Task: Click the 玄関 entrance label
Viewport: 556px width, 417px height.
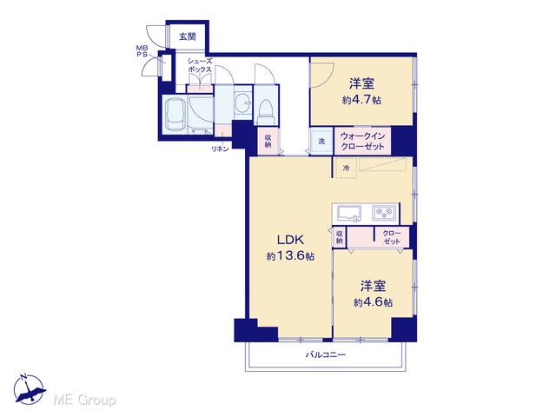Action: (188, 36)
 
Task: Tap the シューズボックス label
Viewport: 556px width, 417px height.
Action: (200, 66)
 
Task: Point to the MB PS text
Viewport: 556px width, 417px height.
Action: (142, 51)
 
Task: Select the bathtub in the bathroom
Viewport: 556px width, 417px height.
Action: (174, 115)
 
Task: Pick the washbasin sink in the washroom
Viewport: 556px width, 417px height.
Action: (243, 103)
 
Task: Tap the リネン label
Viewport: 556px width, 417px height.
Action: (220, 149)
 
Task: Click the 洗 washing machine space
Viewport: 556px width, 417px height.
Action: (321, 141)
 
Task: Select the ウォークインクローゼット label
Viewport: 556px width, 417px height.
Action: (362, 141)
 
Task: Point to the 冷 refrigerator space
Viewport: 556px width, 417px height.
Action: (346, 168)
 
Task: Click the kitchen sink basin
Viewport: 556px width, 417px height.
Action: (349, 214)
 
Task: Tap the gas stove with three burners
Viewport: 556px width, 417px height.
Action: (384, 214)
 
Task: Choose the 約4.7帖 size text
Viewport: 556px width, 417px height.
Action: (361, 100)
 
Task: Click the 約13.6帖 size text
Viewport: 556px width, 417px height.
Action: (290, 255)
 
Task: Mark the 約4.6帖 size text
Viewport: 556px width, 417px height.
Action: (373, 302)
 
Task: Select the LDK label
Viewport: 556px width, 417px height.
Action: (290, 240)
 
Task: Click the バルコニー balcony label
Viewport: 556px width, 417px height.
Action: (326, 354)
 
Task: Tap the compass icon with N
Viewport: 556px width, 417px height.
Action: (29, 389)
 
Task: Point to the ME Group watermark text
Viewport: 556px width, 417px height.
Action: (84, 400)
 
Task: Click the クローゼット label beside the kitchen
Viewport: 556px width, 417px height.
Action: (392, 237)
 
